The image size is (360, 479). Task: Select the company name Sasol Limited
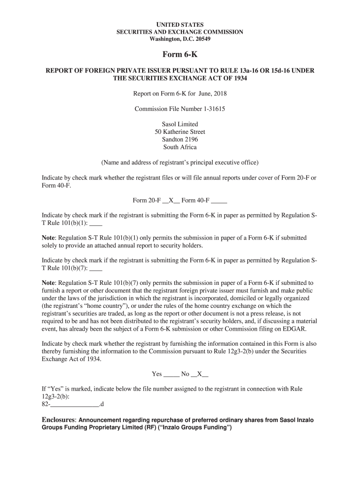point(180,124)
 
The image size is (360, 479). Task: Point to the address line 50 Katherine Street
point(180,132)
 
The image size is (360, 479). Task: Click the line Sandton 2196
point(180,139)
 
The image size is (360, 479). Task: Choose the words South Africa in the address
point(180,147)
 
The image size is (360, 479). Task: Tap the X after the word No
point(200,374)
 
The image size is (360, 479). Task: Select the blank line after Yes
point(172,375)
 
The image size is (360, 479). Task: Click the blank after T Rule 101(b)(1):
point(95,224)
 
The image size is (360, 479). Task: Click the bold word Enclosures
point(58,420)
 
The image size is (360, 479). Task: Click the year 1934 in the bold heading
point(238,78)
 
